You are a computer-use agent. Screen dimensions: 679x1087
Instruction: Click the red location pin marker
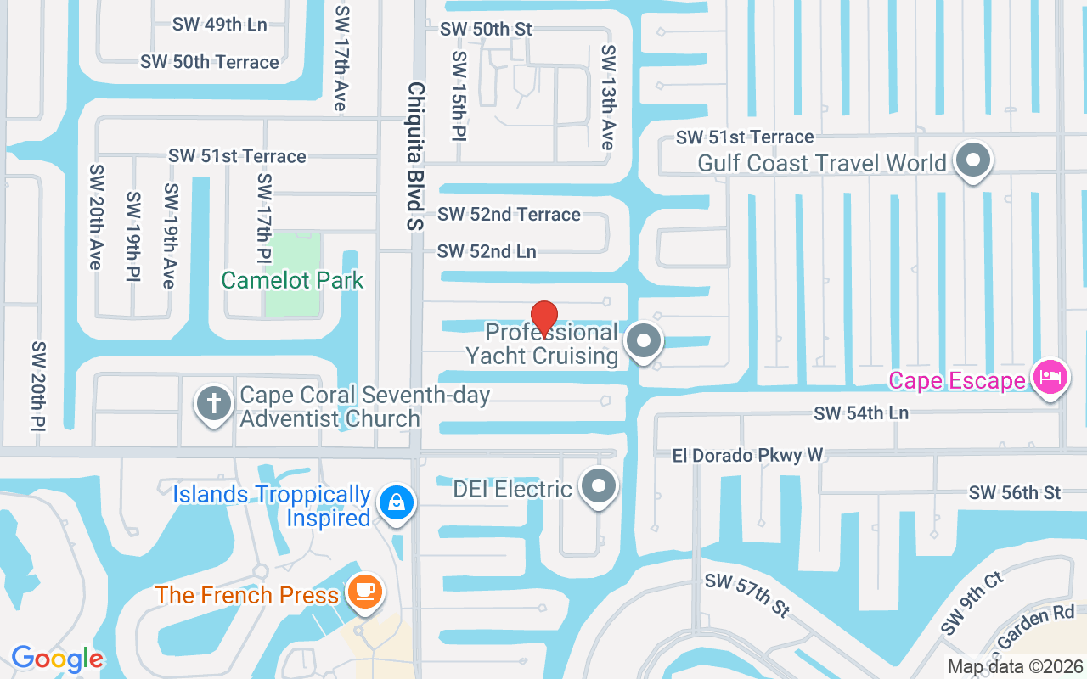pos(543,319)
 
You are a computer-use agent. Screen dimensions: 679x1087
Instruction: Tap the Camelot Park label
pos(292,280)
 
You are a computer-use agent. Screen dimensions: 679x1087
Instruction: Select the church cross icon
pos(213,403)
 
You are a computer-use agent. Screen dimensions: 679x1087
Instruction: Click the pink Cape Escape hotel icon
pos(1050,377)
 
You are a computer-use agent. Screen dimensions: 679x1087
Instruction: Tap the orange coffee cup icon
pos(366,591)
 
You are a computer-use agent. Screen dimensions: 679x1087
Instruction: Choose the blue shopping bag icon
pos(396,502)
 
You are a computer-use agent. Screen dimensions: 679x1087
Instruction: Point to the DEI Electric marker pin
pos(600,487)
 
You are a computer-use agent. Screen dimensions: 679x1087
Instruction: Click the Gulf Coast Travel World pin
pos(973,160)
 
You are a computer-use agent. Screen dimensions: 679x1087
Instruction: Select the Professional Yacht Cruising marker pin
pos(644,342)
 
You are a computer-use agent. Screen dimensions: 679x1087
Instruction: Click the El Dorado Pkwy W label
pos(747,456)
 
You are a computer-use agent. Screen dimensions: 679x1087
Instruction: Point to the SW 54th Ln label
pos(861,413)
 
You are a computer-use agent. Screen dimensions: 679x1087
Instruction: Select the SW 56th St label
pos(1015,492)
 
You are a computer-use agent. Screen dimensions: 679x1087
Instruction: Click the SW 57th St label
pos(747,594)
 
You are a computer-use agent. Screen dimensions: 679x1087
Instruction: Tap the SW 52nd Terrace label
pos(509,215)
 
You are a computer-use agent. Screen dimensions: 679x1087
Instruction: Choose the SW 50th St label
pos(486,29)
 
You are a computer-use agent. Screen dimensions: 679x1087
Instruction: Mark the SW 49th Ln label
pos(220,24)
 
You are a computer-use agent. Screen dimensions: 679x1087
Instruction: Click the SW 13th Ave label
pos(608,98)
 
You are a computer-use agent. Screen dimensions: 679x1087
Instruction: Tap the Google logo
pos(57,659)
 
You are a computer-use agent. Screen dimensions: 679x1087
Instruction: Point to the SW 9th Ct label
pos(972,603)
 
